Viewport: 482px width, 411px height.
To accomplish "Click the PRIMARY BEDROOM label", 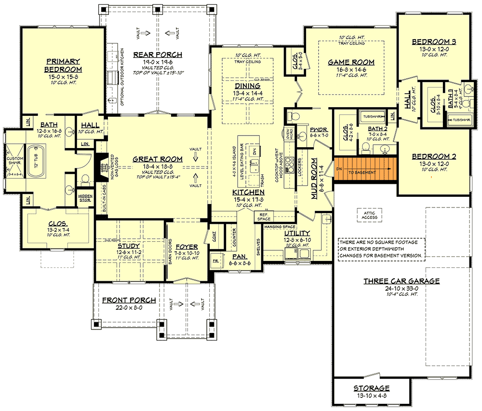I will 63,65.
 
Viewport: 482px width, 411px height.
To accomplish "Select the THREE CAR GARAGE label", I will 401,281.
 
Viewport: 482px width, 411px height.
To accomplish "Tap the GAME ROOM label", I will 351,62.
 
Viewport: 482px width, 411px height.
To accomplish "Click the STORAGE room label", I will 371,388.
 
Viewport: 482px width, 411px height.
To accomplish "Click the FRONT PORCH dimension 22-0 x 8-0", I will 129,307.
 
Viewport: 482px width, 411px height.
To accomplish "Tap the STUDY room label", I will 129,246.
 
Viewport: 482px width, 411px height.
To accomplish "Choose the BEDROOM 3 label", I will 434,42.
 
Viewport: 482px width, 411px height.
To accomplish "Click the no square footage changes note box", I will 381,248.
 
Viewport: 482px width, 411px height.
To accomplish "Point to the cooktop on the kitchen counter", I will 290,165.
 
